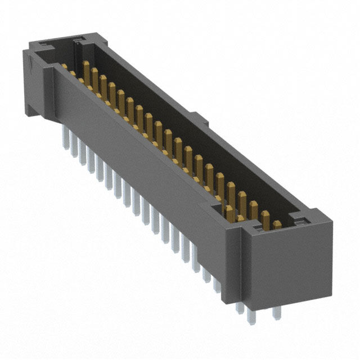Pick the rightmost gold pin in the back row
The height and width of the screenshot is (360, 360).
point(276,224)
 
